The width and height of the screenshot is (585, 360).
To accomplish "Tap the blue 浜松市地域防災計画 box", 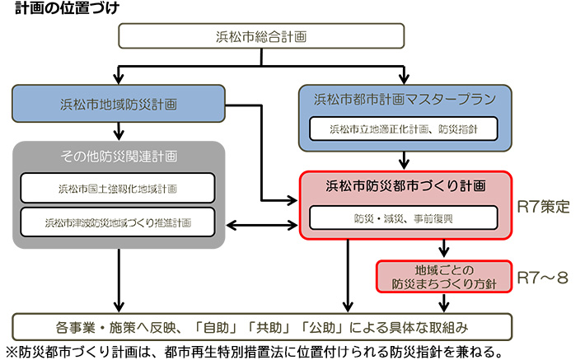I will point(119,105).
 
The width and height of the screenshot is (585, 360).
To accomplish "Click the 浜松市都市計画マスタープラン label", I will point(405,100).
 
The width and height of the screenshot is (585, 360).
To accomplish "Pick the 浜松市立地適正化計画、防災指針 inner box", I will point(403,129).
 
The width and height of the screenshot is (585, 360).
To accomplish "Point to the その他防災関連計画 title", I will point(119,155).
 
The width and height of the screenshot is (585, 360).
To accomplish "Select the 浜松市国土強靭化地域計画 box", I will point(119,188).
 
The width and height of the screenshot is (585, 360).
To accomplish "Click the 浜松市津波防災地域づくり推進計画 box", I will point(119,222).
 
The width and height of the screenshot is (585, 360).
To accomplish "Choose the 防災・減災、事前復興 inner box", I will point(403,217).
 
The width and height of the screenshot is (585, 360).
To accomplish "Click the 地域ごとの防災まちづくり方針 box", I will point(444,276).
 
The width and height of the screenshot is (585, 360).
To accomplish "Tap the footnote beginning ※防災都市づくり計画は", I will point(247,350).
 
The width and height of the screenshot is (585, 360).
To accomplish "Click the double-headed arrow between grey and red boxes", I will point(263,225).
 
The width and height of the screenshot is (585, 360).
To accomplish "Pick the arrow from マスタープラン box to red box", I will point(404,160).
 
